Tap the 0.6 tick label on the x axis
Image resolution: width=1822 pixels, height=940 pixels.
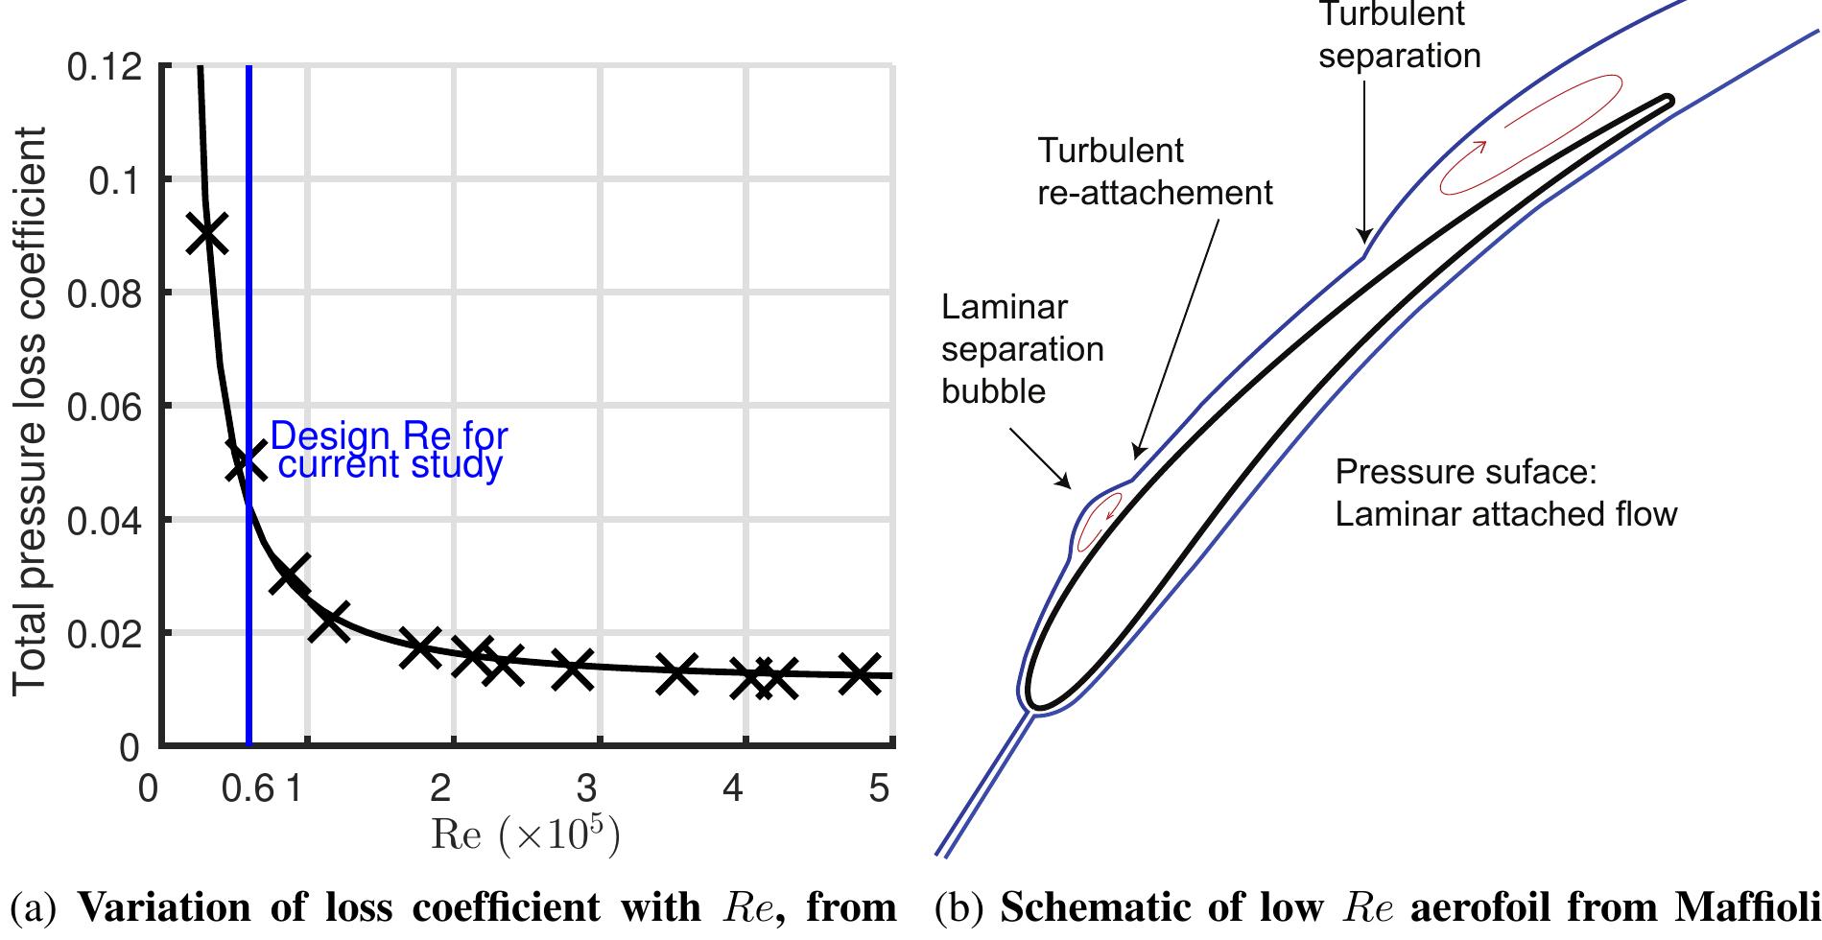point(248,789)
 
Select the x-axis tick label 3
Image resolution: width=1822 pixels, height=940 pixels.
point(586,789)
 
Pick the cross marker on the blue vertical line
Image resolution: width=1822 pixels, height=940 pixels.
point(247,461)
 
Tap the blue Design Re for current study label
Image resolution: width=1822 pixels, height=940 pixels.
point(389,451)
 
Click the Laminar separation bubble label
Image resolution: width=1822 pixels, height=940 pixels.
point(1022,349)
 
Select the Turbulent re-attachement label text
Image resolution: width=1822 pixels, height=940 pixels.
point(1154,172)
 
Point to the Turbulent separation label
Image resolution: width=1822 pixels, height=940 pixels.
point(1399,35)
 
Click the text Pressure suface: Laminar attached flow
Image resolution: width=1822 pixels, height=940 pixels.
point(1505,494)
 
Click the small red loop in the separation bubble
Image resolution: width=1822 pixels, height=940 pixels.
point(1099,524)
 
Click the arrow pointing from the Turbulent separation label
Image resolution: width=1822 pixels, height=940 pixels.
point(1362,163)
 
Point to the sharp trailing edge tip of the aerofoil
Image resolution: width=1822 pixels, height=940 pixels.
point(1669,100)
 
